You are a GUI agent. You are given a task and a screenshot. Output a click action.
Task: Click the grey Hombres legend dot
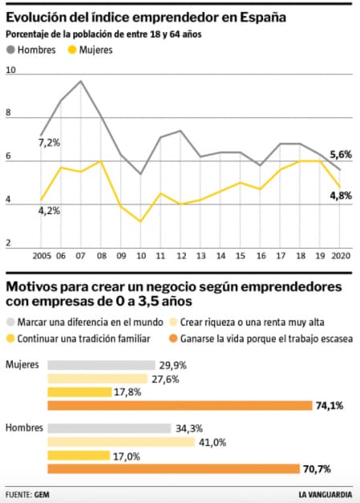[x=11, y=50]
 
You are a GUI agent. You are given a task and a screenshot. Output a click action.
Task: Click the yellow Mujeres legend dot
[x=73, y=50]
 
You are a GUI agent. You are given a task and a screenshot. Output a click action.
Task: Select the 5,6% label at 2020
[x=341, y=155]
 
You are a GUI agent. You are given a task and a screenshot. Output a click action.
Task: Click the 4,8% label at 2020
[x=341, y=196]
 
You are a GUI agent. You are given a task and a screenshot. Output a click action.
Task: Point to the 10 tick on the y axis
[x=10, y=71]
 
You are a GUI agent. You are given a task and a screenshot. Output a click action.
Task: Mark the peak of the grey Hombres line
[x=81, y=81]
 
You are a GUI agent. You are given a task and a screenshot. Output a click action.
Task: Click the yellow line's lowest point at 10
[x=140, y=221]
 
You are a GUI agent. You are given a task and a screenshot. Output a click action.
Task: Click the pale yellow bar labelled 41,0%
[x=121, y=442]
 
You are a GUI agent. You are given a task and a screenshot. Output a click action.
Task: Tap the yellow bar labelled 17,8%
[x=79, y=391]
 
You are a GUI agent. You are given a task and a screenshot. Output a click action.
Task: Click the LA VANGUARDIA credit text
[x=326, y=493]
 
